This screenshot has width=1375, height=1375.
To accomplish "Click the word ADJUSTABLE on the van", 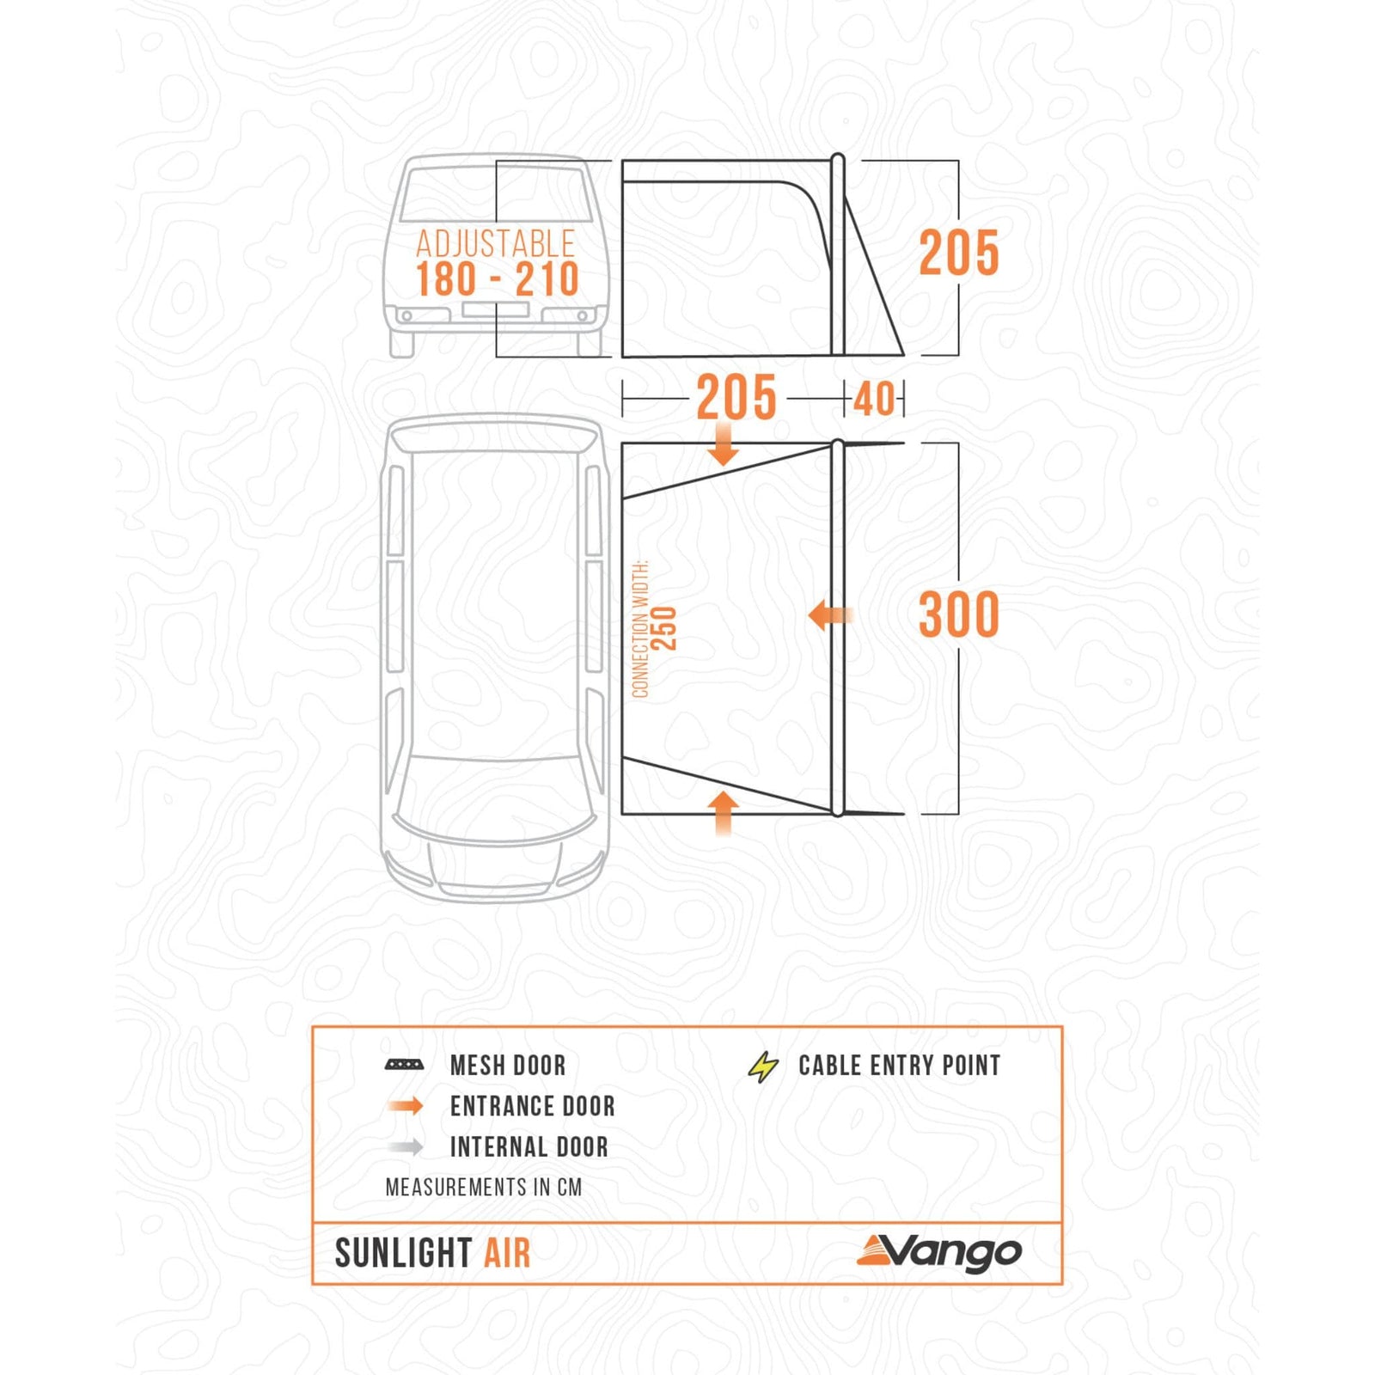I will point(495,244).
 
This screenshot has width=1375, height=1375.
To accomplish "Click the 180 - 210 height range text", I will point(497,280).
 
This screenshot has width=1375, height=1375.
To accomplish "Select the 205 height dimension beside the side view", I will point(958,254).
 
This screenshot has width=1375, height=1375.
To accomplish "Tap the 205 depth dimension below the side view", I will point(736,398).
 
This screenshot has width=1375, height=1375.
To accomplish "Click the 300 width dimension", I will point(958,615).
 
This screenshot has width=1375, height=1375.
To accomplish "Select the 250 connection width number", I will point(664,628).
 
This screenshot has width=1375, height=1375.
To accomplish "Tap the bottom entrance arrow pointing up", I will point(724,811).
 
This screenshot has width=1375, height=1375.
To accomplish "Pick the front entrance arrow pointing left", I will point(829,615).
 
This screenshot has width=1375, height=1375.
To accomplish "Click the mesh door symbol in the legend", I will point(404,1066).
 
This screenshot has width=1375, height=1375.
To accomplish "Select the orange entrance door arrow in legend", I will point(406,1106).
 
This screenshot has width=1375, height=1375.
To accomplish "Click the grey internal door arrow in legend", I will point(406,1146).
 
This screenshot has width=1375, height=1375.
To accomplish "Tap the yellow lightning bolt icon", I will point(762,1066).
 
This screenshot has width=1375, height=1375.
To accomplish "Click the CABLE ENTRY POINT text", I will point(899,1066).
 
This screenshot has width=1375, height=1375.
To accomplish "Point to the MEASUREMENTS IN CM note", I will point(483,1188).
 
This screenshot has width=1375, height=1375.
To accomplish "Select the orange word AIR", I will point(507,1254).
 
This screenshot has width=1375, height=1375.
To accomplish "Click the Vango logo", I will point(938,1252).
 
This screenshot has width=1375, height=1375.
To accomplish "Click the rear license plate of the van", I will point(495,309).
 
